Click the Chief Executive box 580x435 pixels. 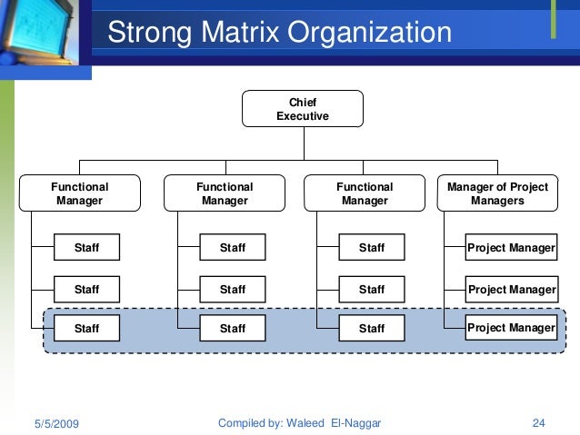coord(303,109)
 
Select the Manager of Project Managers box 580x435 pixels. coord(497,193)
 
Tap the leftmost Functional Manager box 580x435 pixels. coord(80,193)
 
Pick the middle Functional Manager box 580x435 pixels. coord(225,193)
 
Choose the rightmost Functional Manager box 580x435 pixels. coord(365,193)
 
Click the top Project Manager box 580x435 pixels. coord(511,248)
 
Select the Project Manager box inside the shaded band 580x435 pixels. coord(511,328)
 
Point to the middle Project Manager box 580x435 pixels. coord(511,290)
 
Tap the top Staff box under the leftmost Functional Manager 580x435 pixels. coord(86,248)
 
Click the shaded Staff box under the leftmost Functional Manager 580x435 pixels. coord(86,328)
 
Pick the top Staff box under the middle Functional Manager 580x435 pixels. coord(233,248)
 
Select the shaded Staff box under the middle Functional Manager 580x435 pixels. coord(233,328)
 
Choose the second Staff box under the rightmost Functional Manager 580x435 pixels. coord(371,290)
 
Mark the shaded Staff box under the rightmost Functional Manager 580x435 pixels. coord(371,328)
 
